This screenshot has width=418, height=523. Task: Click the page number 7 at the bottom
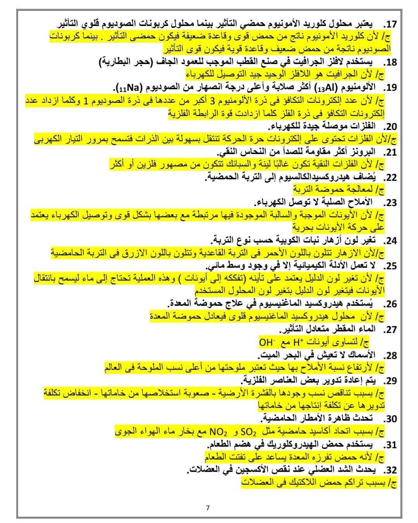point(208,508)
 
